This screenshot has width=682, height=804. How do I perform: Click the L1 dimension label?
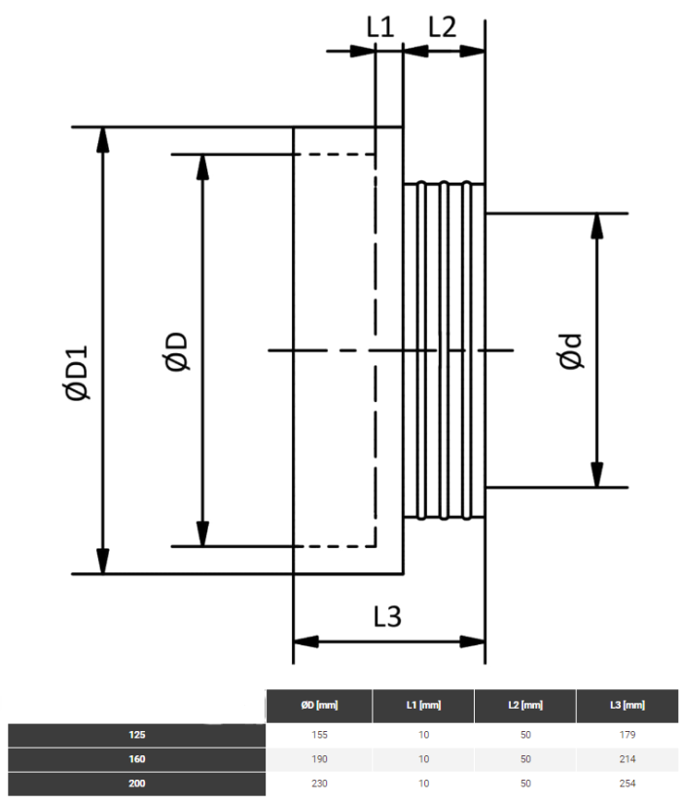point(380,26)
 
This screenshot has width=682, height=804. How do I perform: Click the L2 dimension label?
point(442,26)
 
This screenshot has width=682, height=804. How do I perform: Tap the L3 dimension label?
point(387,616)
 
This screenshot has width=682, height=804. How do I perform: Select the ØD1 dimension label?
point(77,372)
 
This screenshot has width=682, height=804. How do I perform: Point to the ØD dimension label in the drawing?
point(177,351)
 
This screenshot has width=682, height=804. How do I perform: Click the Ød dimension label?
point(570,351)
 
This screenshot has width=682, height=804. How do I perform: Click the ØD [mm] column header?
point(319,706)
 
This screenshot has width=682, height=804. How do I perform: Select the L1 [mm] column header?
point(424,706)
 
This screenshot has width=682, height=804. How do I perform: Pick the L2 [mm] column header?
point(525,706)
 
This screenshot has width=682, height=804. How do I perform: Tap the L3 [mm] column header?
point(628,706)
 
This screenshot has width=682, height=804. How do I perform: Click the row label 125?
point(137,735)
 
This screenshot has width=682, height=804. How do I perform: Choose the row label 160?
point(137,759)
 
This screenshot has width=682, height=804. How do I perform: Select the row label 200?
point(137,784)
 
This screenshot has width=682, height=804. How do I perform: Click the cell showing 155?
point(319,735)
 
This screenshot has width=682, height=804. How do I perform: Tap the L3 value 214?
point(628,759)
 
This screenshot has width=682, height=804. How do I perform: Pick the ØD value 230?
point(319,784)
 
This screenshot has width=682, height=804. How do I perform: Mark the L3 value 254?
point(628,784)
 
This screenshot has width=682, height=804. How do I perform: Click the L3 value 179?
point(628,735)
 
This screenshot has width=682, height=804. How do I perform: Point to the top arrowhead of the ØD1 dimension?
point(103,139)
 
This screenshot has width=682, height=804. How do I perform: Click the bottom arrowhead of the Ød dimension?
point(596,474)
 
